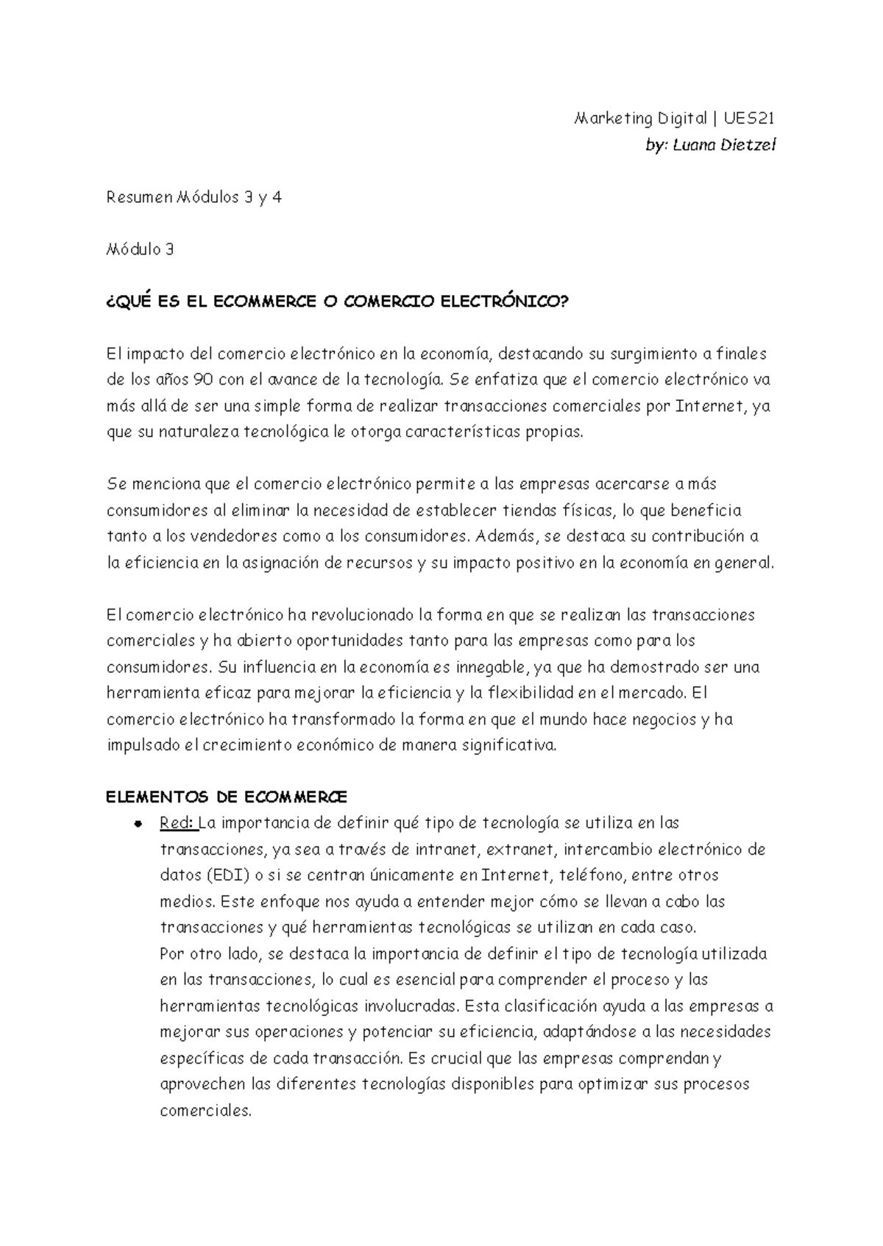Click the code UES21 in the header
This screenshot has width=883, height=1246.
coord(750,118)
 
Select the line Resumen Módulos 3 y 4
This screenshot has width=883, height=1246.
coord(194,197)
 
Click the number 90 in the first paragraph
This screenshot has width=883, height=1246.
coord(202,380)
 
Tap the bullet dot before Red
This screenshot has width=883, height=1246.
coord(138,824)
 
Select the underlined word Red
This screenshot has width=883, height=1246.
coord(176,823)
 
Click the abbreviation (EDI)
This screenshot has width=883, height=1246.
coord(223,875)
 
